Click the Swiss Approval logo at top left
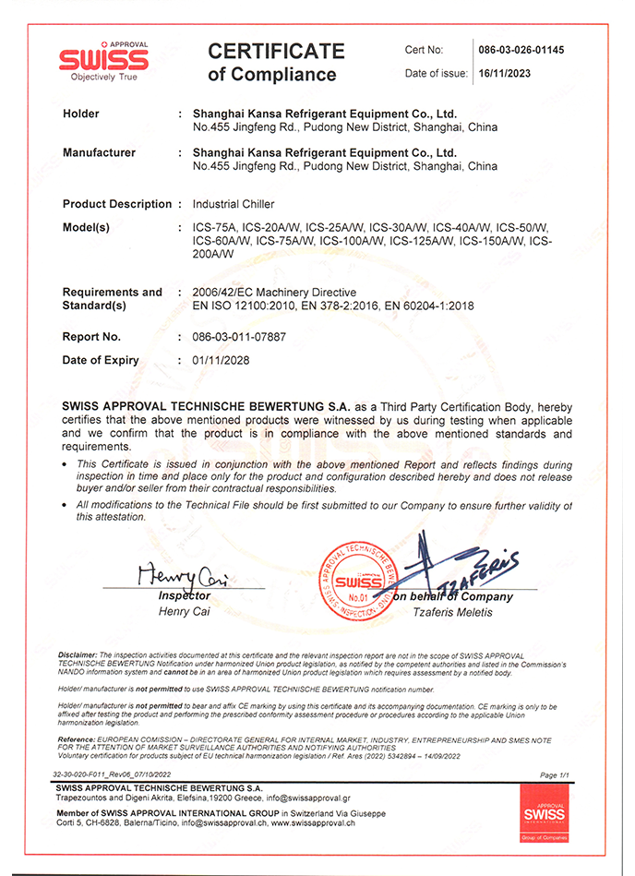click(102, 61)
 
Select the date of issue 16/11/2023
click(507, 74)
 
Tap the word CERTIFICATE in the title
click(276, 51)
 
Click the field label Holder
click(81, 114)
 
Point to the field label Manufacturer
click(100, 152)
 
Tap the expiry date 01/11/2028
click(221, 360)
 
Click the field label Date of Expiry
click(102, 360)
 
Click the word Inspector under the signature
click(186, 596)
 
